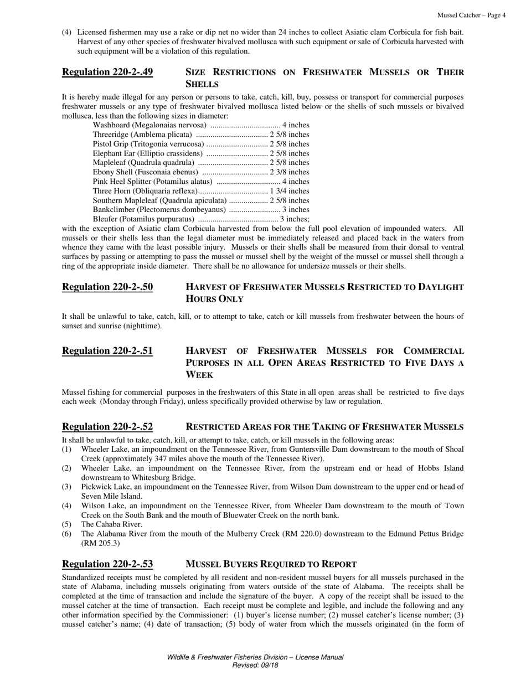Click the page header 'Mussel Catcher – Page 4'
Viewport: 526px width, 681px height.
click(x=471, y=16)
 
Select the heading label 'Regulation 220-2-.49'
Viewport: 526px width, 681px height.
click(x=107, y=72)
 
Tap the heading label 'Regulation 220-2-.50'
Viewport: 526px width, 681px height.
click(x=107, y=287)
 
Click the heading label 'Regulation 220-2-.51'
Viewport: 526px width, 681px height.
click(x=107, y=351)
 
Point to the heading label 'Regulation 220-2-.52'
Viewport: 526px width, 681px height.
click(x=107, y=427)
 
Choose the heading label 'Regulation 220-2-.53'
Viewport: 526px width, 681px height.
click(x=107, y=564)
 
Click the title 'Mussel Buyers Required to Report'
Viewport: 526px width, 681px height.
click(x=271, y=564)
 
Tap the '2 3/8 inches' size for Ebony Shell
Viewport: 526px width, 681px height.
click(x=290, y=172)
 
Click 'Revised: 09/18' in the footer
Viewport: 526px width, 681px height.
click(x=255, y=665)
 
